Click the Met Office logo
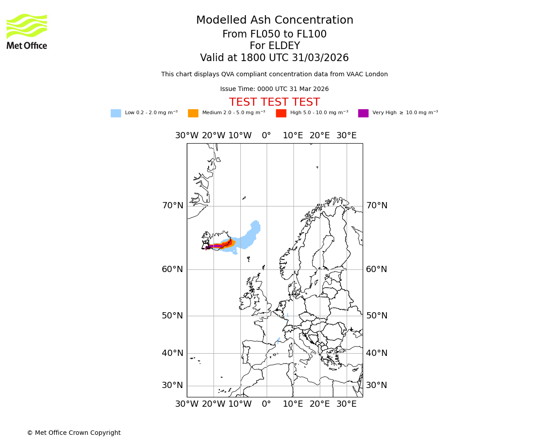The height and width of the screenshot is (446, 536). tap(27, 31)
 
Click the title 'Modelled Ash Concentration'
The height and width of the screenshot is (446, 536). tap(274, 21)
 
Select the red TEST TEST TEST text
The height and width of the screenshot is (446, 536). tap(274, 103)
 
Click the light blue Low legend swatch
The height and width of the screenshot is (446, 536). tap(116, 113)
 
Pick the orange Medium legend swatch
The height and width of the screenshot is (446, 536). tap(193, 113)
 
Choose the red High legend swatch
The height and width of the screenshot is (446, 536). tap(281, 113)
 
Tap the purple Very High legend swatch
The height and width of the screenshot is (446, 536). tap(363, 113)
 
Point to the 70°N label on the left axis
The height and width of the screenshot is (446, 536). tap(172, 206)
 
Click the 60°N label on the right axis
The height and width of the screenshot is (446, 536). tap(377, 269)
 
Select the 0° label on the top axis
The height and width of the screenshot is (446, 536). tap(266, 136)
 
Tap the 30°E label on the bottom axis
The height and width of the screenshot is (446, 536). tap(346, 404)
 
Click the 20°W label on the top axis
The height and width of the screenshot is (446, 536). tap(214, 136)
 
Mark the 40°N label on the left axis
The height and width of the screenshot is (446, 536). tap(172, 353)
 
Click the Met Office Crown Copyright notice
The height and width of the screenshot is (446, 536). tap(74, 433)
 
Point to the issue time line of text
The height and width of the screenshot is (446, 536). tap(274, 89)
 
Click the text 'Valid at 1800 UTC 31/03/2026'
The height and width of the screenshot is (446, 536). tap(274, 58)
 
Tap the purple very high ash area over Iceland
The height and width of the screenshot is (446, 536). tap(216, 246)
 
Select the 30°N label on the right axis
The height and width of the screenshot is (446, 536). tap(377, 385)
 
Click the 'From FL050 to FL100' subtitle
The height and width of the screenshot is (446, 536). tap(274, 34)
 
